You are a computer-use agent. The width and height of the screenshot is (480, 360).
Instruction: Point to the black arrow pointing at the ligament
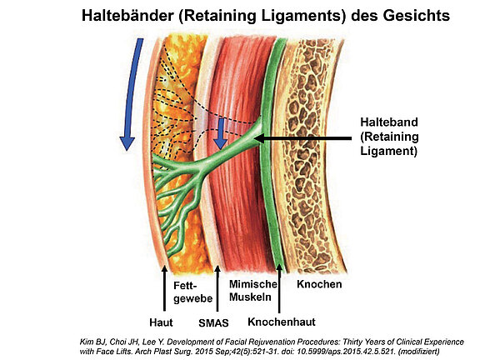pyautogui.click(x=308, y=137)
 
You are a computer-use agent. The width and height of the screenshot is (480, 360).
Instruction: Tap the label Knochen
pyautogui.click(x=319, y=284)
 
